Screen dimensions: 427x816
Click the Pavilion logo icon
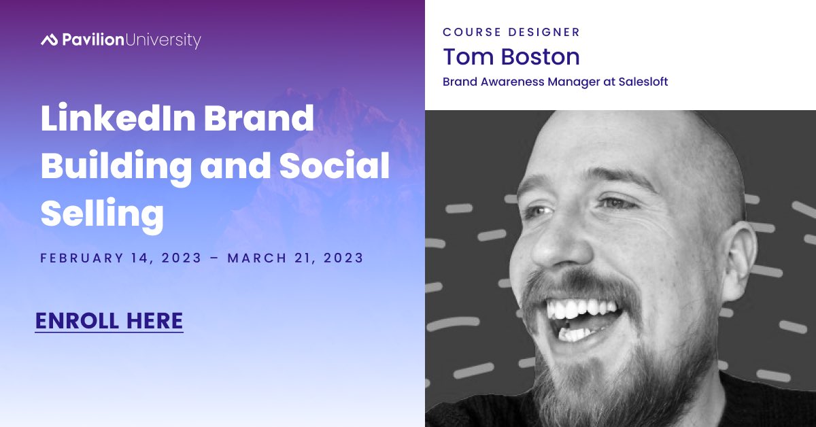pyautogui.click(x=49, y=40)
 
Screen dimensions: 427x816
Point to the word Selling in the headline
pyautogui.click(x=102, y=214)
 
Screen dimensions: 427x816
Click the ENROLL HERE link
pyautogui.click(x=109, y=320)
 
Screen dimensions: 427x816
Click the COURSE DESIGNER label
pyautogui.click(x=511, y=32)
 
